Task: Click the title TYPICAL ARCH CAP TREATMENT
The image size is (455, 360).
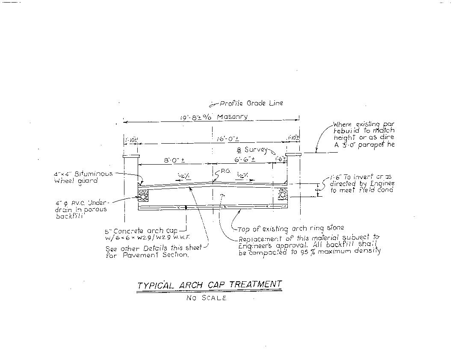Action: click(x=209, y=285)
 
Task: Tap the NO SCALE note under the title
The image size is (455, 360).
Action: click(x=206, y=298)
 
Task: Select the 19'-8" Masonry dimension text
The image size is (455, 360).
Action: click(x=213, y=117)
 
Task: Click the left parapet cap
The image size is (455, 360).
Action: click(x=130, y=156)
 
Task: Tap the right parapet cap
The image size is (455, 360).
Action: click(x=293, y=153)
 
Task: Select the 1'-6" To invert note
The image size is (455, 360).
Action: click(x=362, y=183)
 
